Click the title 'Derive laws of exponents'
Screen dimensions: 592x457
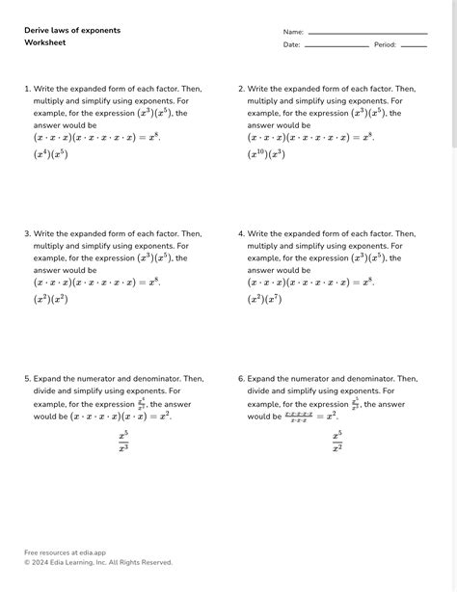[x=72, y=31]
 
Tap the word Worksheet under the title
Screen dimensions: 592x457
[x=44, y=44]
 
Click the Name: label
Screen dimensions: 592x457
[x=293, y=32]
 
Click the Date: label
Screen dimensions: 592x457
[x=291, y=45]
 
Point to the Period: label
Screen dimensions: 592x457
[x=385, y=45]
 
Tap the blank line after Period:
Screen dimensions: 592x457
[x=414, y=46]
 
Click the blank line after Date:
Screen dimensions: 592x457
[x=336, y=46]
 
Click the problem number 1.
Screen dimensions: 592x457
[x=27, y=89]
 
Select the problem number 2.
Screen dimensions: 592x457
[x=241, y=89]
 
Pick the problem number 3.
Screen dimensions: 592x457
[x=27, y=233]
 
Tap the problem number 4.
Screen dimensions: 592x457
[x=241, y=233]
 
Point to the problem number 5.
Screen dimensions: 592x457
[x=27, y=379]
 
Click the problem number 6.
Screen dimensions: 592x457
[x=241, y=379]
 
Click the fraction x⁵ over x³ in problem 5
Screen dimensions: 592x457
[x=123, y=442]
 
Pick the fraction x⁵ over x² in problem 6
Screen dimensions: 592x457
[x=336, y=442]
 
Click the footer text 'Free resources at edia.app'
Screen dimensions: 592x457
[x=65, y=552]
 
